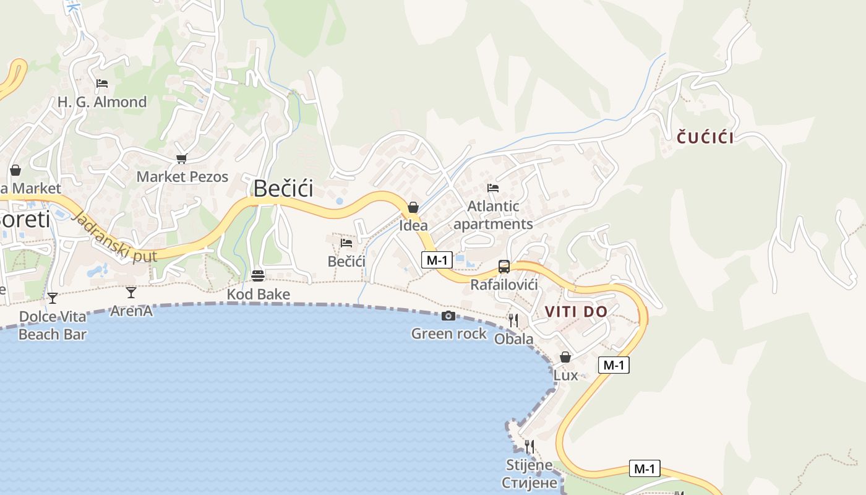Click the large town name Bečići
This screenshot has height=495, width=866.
(x=284, y=189)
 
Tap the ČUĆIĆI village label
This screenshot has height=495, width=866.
(x=705, y=137)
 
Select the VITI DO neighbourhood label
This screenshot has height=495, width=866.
(x=576, y=312)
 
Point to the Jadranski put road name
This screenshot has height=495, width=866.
(x=114, y=237)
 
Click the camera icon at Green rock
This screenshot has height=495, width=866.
(x=448, y=316)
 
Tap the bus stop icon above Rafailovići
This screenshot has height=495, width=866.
(x=504, y=267)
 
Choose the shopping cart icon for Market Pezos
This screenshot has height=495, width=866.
(x=181, y=159)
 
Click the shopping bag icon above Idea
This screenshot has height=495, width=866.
(x=413, y=207)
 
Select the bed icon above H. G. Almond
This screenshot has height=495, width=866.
(x=102, y=84)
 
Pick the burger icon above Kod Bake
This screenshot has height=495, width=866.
(x=258, y=276)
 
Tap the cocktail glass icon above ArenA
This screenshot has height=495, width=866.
(x=131, y=292)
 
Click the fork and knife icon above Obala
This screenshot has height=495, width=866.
(x=513, y=320)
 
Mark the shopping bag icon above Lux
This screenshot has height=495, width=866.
(x=565, y=357)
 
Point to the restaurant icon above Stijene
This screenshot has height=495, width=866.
(x=529, y=446)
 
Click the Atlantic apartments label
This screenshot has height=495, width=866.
(x=493, y=215)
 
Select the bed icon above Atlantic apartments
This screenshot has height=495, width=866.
(x=493, y=187)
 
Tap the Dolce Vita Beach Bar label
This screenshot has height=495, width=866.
(x=53, y=325)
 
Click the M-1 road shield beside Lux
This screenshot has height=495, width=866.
(x=614, y=365)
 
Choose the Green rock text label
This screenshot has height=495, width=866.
(x=449, y=334)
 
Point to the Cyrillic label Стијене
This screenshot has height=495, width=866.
(x=529, y=483)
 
